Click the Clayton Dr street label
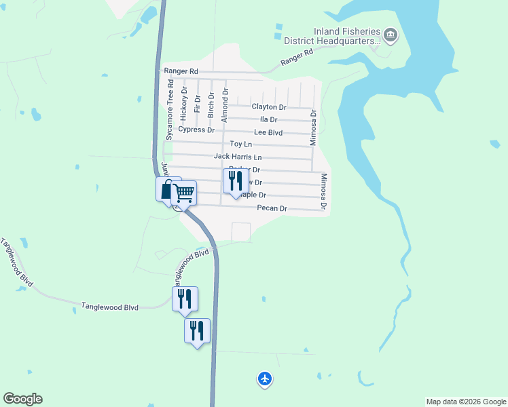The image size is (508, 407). coord(269,107)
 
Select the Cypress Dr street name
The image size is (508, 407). coord(196,130)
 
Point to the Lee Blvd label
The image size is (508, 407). coord(268,132)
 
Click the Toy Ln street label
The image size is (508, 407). coord(241,144)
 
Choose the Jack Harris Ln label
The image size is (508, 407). coord(237,157)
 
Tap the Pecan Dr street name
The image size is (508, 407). coord(272,209)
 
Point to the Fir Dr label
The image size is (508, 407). coord(198,104)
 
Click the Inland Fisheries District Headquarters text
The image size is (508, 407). coord(346,36)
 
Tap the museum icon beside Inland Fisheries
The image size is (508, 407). coord(390,34)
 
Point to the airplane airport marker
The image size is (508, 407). coord(265,379)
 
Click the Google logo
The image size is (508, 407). coord(22,399)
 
